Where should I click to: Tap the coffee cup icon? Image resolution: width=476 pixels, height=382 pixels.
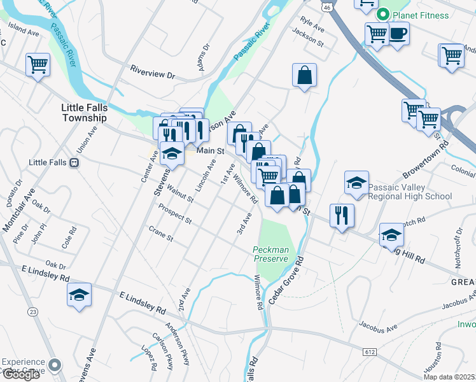pyautogui.click(x=398, y=34)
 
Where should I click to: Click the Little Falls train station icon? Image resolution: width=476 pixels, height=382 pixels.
pyautogui.click(x=74, y=162)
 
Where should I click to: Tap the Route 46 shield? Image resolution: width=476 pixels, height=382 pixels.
pyautogui.click(x=326, y=6)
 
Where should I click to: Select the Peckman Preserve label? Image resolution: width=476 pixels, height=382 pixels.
pyautogui.click(x=271, y=254)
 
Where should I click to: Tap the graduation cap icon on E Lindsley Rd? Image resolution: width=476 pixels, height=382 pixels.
pyautogui.click(x=79, y=295)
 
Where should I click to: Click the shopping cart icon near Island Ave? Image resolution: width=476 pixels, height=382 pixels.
pyautogui.click(x=38, y=64)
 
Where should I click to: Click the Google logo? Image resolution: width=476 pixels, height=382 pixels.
pyautogui.click(x=20, y=374)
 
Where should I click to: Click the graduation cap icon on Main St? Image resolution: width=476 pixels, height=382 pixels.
pyautogui.click(x=172, y=153)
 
